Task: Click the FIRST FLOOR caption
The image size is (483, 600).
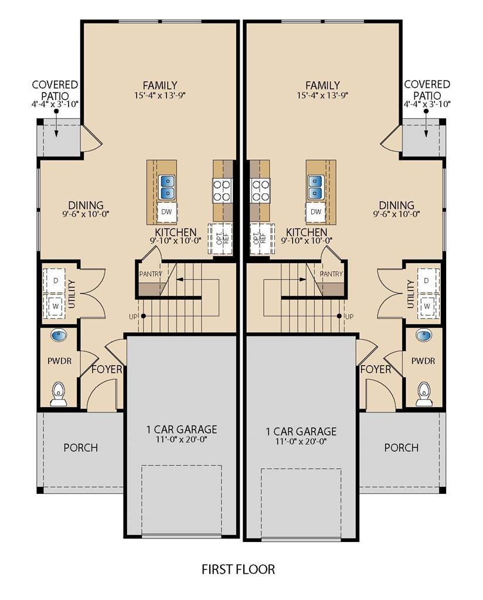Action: [x=238, y=569]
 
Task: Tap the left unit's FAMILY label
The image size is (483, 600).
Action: [x=160, y=86]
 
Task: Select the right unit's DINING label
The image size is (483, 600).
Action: [x=396, y=206]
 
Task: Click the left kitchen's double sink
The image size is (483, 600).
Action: [x=167, y=187]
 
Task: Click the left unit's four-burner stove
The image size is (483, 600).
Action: [x=222, y=190]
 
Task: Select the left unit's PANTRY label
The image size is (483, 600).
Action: [x=151, y=274]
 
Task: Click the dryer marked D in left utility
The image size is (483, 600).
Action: [x=56, y=281]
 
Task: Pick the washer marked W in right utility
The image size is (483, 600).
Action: [x=427, y=306]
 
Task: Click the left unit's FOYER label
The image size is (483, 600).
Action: [x=107, y=370]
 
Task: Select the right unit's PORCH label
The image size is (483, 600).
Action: [x=401, y=447]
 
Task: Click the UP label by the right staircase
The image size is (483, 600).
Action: [x=349, y=316]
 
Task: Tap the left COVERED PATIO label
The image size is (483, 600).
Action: [x=55, y=90]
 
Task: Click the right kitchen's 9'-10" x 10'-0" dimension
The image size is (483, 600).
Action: [x=307, y=240]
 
